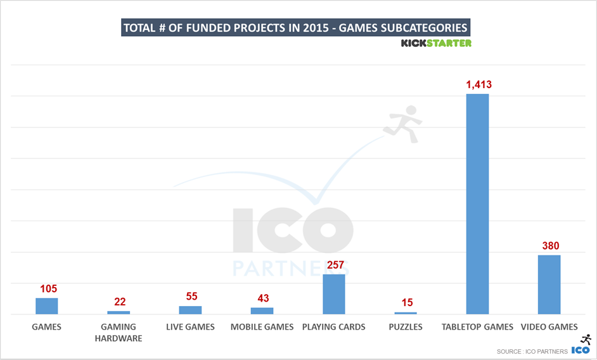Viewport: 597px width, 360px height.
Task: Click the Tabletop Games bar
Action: tap(477, 203)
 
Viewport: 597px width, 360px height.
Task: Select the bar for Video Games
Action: tap(549, 285)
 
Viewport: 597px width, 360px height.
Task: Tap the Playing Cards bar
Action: tap(334, 294)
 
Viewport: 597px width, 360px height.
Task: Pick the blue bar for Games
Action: tap(47, 306)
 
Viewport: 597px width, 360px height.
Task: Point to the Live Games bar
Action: tap(190, 310)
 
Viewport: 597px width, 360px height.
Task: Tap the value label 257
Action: tap(334, 264)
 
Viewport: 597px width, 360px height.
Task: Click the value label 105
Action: tap(48, 288)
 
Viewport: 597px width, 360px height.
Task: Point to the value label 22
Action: tap(120, 302)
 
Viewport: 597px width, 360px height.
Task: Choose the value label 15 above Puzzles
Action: tap(406, 303)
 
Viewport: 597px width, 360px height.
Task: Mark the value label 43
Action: tap(262, 298)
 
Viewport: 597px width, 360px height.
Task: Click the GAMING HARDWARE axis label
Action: tap(119, 332)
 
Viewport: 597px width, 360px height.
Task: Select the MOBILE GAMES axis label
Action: tap(262, 327)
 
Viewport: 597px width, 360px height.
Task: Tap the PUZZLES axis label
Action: tap(406, 327)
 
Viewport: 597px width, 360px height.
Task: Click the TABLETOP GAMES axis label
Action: tap(477, 327)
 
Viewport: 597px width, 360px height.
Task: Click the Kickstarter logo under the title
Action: tap(436, 43)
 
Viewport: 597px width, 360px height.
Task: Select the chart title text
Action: tap(295, 28)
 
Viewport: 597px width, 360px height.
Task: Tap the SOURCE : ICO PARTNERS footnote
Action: tap(532, 351)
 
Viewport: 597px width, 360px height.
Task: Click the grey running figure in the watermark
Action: tap(403, 123)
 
